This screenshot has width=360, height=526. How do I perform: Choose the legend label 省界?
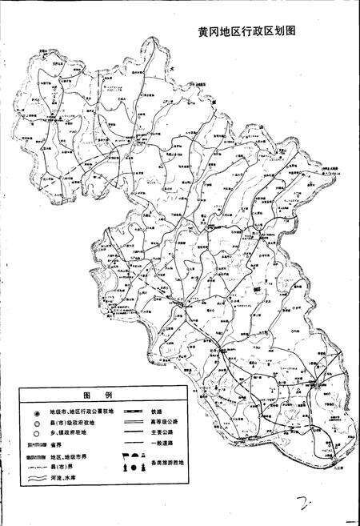pos(55,444)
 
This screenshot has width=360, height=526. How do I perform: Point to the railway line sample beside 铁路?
pos(133,411)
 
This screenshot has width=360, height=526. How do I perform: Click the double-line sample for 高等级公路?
pos(133,422)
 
